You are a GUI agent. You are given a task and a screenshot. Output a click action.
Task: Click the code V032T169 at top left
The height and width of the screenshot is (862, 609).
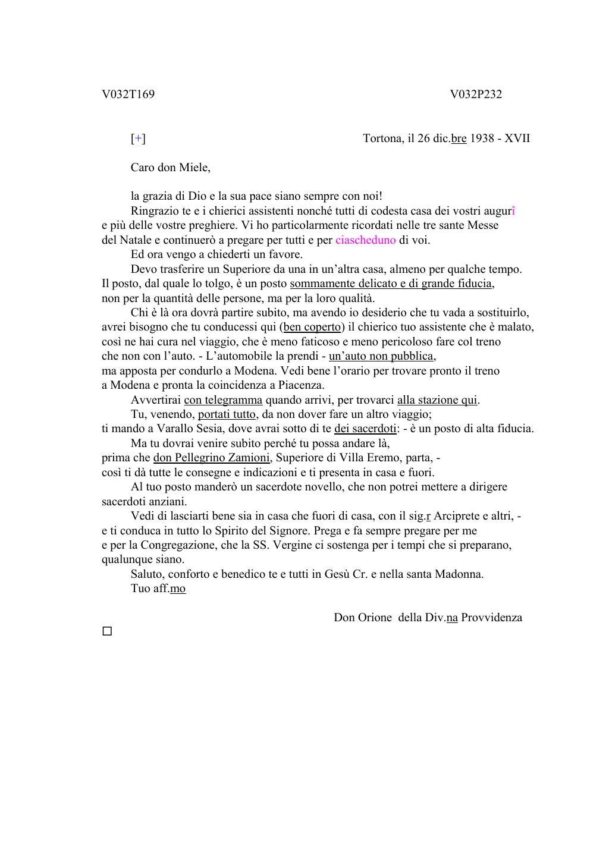coord(128,95)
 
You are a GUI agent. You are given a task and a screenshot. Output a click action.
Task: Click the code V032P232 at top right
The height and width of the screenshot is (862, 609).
coord(476,95)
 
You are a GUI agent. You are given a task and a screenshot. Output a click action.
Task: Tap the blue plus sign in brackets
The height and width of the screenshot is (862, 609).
coord(138,139)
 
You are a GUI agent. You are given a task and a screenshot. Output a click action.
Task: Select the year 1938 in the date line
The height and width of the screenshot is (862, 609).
coord(482,139)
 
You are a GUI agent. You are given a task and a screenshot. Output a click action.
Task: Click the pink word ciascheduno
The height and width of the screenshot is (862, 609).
coord(365,240)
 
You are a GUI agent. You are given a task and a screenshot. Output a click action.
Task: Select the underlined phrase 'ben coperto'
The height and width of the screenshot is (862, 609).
coord(312,327)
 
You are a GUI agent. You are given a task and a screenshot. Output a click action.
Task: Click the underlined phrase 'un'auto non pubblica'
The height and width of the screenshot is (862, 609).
coord(381,356)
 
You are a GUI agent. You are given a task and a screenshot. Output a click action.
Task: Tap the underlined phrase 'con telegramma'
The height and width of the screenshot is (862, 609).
coord(223,400)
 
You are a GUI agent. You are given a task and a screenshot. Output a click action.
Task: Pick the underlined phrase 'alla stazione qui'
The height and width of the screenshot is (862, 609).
coord(437,400)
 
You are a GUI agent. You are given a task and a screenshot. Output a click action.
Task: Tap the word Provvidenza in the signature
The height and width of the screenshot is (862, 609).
coord(491,618)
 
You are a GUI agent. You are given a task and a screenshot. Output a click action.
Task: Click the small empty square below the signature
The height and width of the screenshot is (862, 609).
coord(107,631)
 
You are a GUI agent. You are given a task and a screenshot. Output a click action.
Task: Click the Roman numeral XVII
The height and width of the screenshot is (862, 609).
coord(517,139)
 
